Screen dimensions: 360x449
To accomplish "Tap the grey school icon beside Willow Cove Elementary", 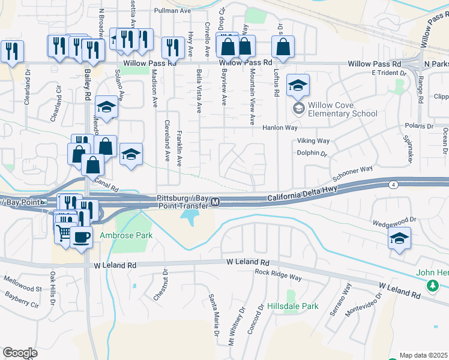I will coord(298,109).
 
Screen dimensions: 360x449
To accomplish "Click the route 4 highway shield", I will coord(393,184).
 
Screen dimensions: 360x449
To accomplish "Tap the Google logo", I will coord(20,352).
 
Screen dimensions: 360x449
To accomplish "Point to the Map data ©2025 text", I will coord(424,355).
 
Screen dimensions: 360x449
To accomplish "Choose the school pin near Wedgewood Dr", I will coord(399,238).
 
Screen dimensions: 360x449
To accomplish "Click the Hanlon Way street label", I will coord(280,128).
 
